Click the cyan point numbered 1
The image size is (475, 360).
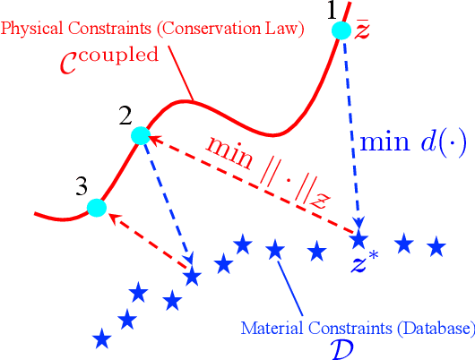pos(341,31)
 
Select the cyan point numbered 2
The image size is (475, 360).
pos(139,135)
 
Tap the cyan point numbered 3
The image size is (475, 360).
pos(97,209)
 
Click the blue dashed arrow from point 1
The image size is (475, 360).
pos(351,134)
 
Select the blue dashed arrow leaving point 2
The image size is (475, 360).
pos(165,202)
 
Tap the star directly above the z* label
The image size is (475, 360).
pos(359,240)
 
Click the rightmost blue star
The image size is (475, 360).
pos(436,244)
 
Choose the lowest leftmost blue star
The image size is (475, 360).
pos(102,339)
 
